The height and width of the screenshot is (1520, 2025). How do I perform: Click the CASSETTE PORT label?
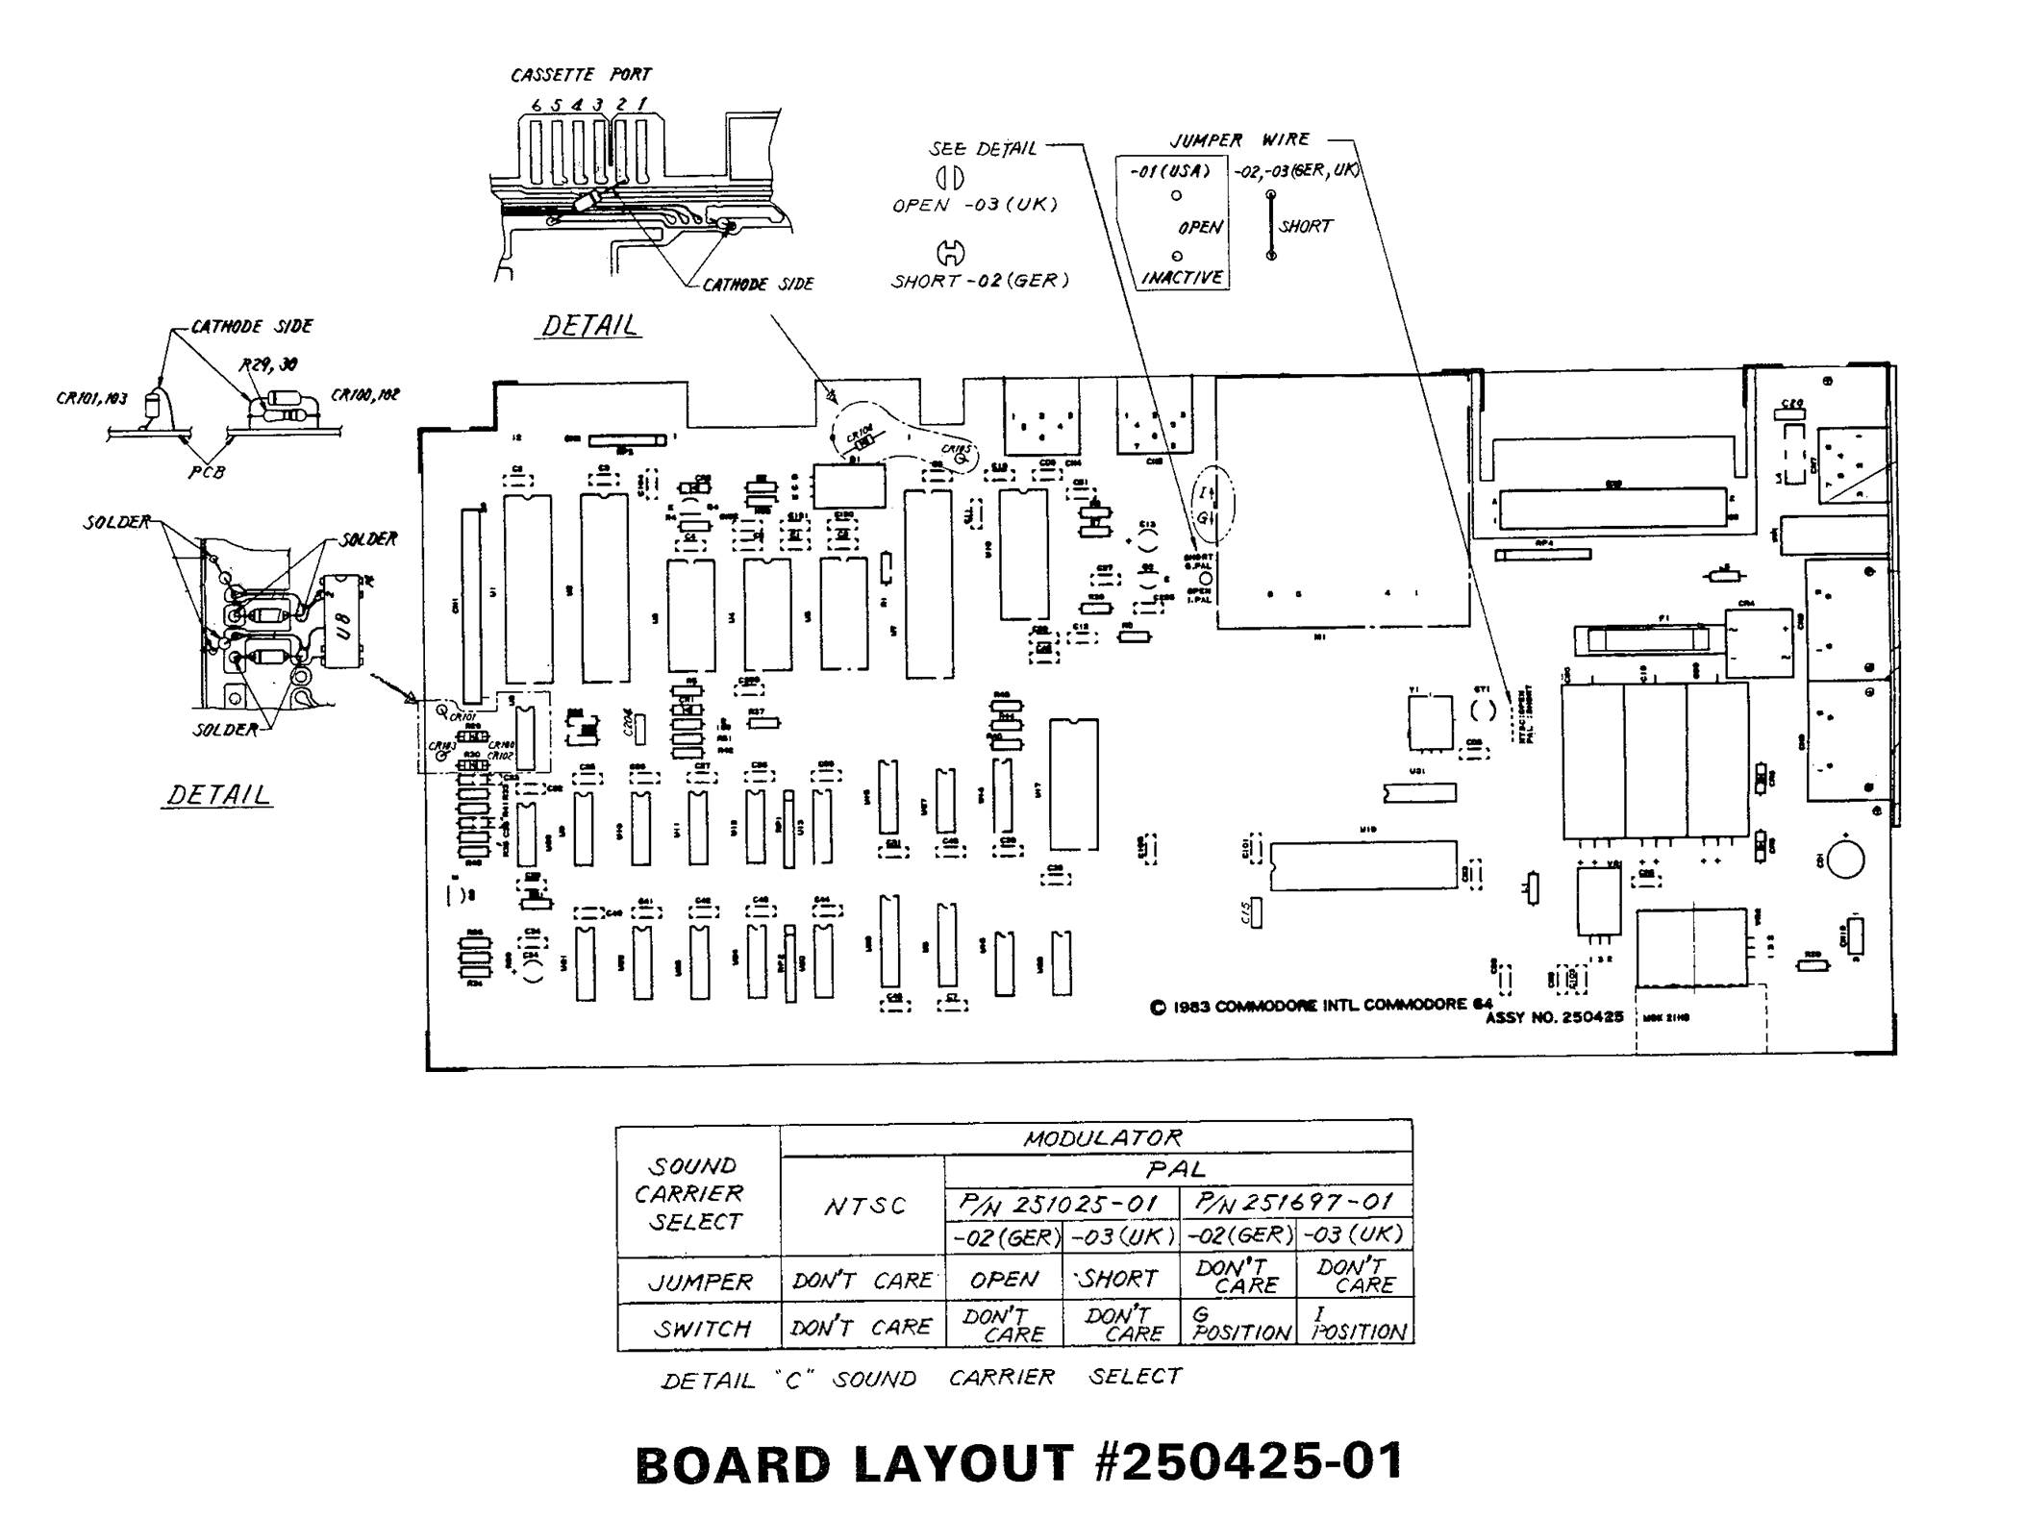coord(580,74)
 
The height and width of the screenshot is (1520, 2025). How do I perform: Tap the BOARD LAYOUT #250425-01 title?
coord(1018,1462)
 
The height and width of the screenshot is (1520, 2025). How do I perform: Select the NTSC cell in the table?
coord(864,1206)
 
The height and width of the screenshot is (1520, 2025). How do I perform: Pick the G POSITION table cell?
coord(1239,1323)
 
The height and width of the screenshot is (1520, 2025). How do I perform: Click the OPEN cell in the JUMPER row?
coord(1003,1280)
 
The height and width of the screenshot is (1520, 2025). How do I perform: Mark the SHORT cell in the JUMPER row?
coord(1120,1279)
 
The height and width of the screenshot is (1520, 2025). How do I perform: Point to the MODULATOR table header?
coord(1102,1138)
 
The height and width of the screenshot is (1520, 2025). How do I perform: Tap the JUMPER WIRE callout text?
coord(1238,140)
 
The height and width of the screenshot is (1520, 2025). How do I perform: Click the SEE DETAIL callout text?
coord(982,149)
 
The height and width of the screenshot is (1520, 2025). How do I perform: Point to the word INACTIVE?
coord(1181,278)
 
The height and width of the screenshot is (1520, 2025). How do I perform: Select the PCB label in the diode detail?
coord(207,472)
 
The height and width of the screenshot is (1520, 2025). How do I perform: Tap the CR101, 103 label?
coord(91,398)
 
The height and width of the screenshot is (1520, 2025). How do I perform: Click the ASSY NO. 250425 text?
coord(1554,1016)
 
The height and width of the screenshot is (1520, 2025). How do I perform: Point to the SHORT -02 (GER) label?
coord(979,281)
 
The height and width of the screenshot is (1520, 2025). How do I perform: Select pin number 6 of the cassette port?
coord(536,105)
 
